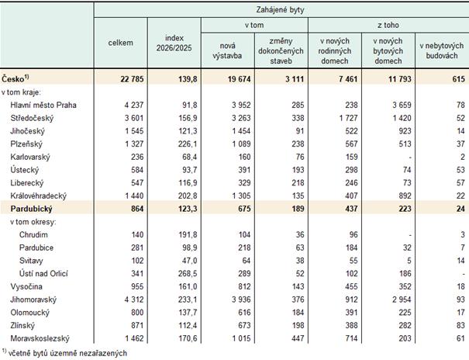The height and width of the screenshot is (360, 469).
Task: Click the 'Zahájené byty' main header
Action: pos(280,10)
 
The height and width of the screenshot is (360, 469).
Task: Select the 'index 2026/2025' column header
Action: pos(174,43)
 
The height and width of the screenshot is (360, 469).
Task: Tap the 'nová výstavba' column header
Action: pos(227,50)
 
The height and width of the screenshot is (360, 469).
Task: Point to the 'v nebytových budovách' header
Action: pos(442,50)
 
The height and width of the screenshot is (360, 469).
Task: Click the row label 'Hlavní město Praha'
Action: pos(43,105)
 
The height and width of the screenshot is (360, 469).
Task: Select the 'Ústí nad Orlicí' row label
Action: pos(43,274)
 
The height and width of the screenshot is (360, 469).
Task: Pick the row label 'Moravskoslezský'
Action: pos(40,338)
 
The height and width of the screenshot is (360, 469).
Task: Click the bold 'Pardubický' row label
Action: pos(31,209)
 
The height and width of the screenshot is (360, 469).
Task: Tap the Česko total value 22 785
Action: pos(132,79)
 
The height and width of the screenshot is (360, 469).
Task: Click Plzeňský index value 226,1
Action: pos(188,144)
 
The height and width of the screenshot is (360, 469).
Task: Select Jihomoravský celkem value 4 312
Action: pos(134,299)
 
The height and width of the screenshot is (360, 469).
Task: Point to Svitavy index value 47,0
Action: pos(190,261)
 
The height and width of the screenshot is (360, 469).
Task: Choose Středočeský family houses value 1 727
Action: pos(349,118)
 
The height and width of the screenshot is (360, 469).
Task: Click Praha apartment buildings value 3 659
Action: pos(402,105)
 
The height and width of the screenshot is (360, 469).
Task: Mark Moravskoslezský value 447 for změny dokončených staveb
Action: pos(298,338)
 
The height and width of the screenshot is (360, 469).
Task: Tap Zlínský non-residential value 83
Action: pos(460,326)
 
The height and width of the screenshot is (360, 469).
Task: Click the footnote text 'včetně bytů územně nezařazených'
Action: pos(67,353)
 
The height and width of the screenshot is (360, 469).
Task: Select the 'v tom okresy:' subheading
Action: pos(33,222)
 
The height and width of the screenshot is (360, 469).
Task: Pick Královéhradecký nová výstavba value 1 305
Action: pos(241,196)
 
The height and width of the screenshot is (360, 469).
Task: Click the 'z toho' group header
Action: pos(388,25)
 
